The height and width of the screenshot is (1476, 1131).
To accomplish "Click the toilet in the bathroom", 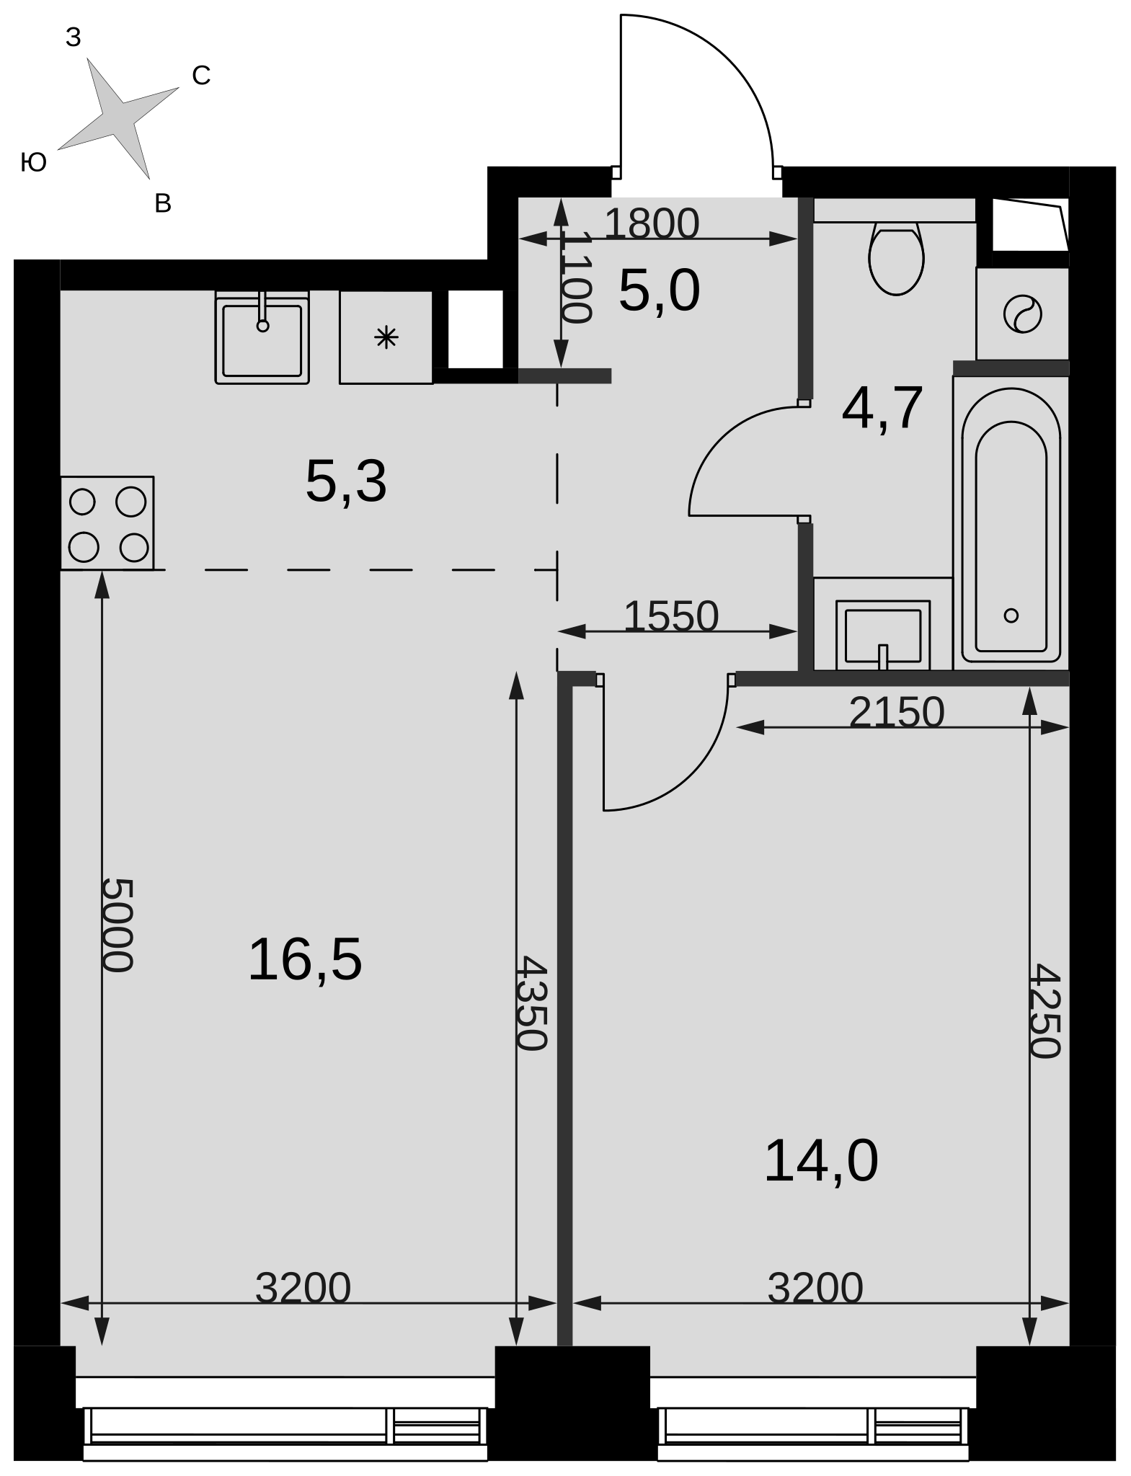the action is [896, 259].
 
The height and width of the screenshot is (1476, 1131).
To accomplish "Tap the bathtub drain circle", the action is [1011, 615].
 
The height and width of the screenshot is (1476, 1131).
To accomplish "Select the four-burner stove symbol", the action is [107, 523].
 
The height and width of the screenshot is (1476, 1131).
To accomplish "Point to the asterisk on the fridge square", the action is [386, 337].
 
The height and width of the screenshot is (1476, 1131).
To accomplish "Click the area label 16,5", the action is [305, 959].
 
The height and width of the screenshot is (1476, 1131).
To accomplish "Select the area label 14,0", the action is [821, 1160].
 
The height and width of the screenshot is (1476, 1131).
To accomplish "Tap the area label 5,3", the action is [346, 481].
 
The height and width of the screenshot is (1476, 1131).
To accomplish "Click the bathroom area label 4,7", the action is [882, 409].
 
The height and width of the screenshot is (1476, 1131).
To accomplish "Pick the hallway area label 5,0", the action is [659, 290].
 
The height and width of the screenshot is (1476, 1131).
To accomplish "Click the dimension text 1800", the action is [652, 223].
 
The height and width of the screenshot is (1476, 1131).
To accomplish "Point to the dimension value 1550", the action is [671, 616].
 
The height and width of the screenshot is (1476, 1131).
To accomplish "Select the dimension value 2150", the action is [897, 712].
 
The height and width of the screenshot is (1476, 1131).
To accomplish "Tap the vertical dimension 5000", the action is [117, 925].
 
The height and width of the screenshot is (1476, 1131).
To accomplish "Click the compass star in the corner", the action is [118, 118].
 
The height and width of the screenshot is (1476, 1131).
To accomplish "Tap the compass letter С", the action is [201, 76].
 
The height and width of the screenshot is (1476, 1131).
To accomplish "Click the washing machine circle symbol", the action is [1022, 314].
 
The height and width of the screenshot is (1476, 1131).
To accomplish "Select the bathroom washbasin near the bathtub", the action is [883, 635].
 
